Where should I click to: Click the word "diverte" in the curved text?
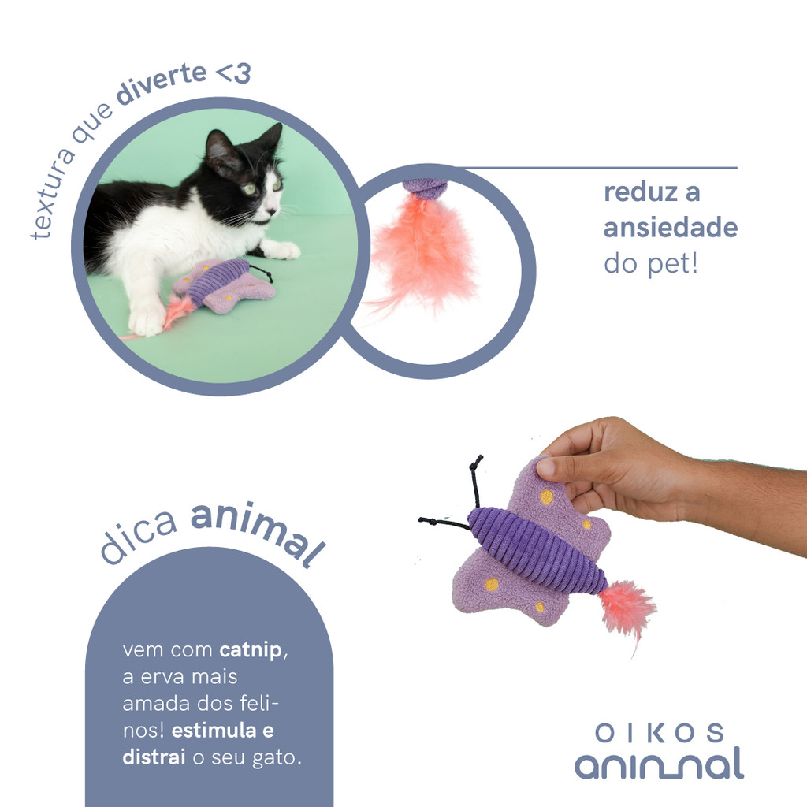[161, 84]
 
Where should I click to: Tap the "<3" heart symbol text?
[233, 73]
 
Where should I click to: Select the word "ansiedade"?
[671, 228]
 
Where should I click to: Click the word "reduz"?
[636, 192]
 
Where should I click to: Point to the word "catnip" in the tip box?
[251, 650]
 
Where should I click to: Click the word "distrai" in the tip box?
[154, 757]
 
